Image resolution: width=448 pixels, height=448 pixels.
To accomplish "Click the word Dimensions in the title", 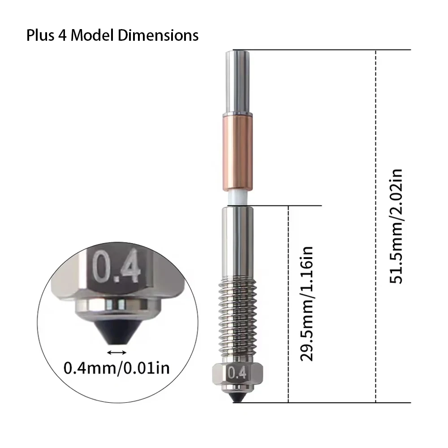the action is [158, 35].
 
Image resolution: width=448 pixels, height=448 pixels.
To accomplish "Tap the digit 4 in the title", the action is [63, 35].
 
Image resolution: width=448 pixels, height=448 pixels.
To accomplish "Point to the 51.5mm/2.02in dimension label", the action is [396, 226].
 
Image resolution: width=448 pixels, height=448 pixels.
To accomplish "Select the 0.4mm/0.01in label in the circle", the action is [116, 368].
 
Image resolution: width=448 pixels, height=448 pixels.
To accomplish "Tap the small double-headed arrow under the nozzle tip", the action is [116, 353].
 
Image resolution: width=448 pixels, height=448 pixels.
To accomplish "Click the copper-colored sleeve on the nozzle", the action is [238, 152].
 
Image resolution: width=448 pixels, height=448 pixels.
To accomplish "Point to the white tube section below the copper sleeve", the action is [238, 198].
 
